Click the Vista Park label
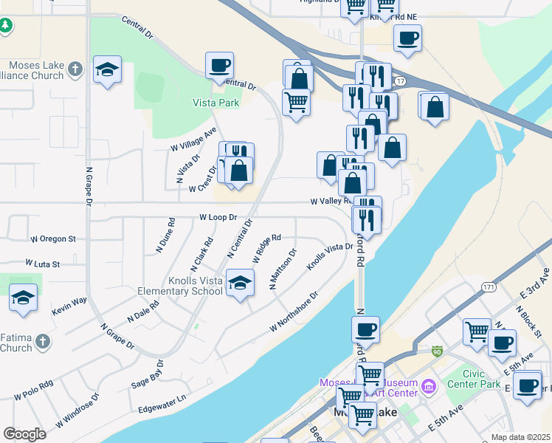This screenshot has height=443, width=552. pos(216,103)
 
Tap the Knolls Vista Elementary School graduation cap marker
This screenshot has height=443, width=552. pos(240,283)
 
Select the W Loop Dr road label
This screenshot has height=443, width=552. pos(218,218)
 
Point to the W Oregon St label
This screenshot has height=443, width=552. pos(53,239)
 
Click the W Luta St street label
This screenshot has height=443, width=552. pos(43,263)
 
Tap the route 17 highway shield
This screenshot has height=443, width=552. pos(399,80)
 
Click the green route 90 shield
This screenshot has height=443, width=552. pos(437,350)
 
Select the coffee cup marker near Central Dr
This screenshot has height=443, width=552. pos(219,66)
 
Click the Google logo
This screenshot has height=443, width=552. pos(24,433)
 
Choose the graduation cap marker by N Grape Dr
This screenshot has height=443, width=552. pos(108,71)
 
